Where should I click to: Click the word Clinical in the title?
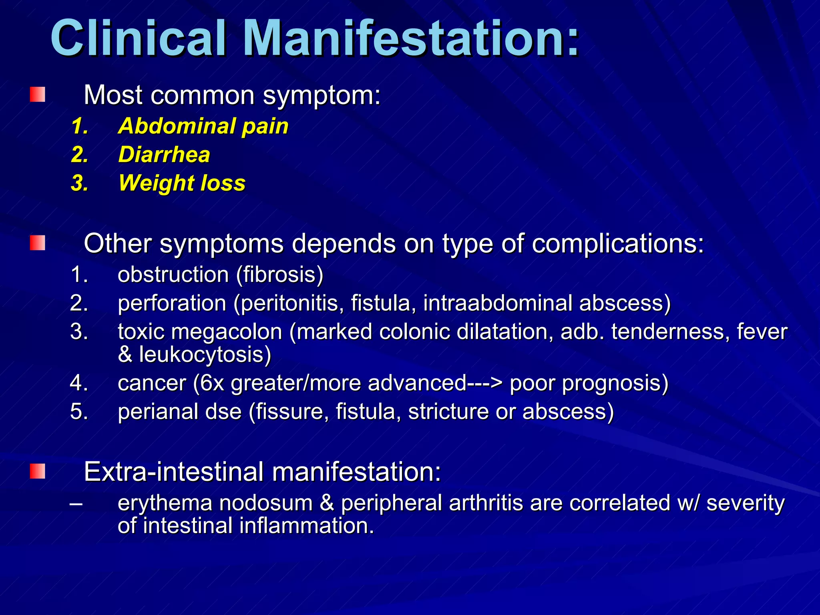click(x=138, y=39)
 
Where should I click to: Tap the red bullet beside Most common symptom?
click(x=37, y=94)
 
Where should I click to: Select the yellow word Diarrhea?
click(x=164, y=155)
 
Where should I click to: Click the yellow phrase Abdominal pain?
click(x=203, y=126)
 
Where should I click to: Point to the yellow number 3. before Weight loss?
click(x=79, y=183)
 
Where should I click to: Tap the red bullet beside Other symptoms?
click(x=37, y=243)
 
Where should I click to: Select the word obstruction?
click(x=173, y=275)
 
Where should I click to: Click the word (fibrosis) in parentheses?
click(x=279, y=275)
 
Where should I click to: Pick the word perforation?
click(x=172, y=303)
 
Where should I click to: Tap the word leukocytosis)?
click(x=205, y=355)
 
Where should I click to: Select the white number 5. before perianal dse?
click(x=79, y=412)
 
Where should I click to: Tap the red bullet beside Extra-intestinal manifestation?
click(x=37, y=471)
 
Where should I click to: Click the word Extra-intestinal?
click(x=174, y=472)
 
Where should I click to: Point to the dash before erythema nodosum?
click(x=76, y=503)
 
